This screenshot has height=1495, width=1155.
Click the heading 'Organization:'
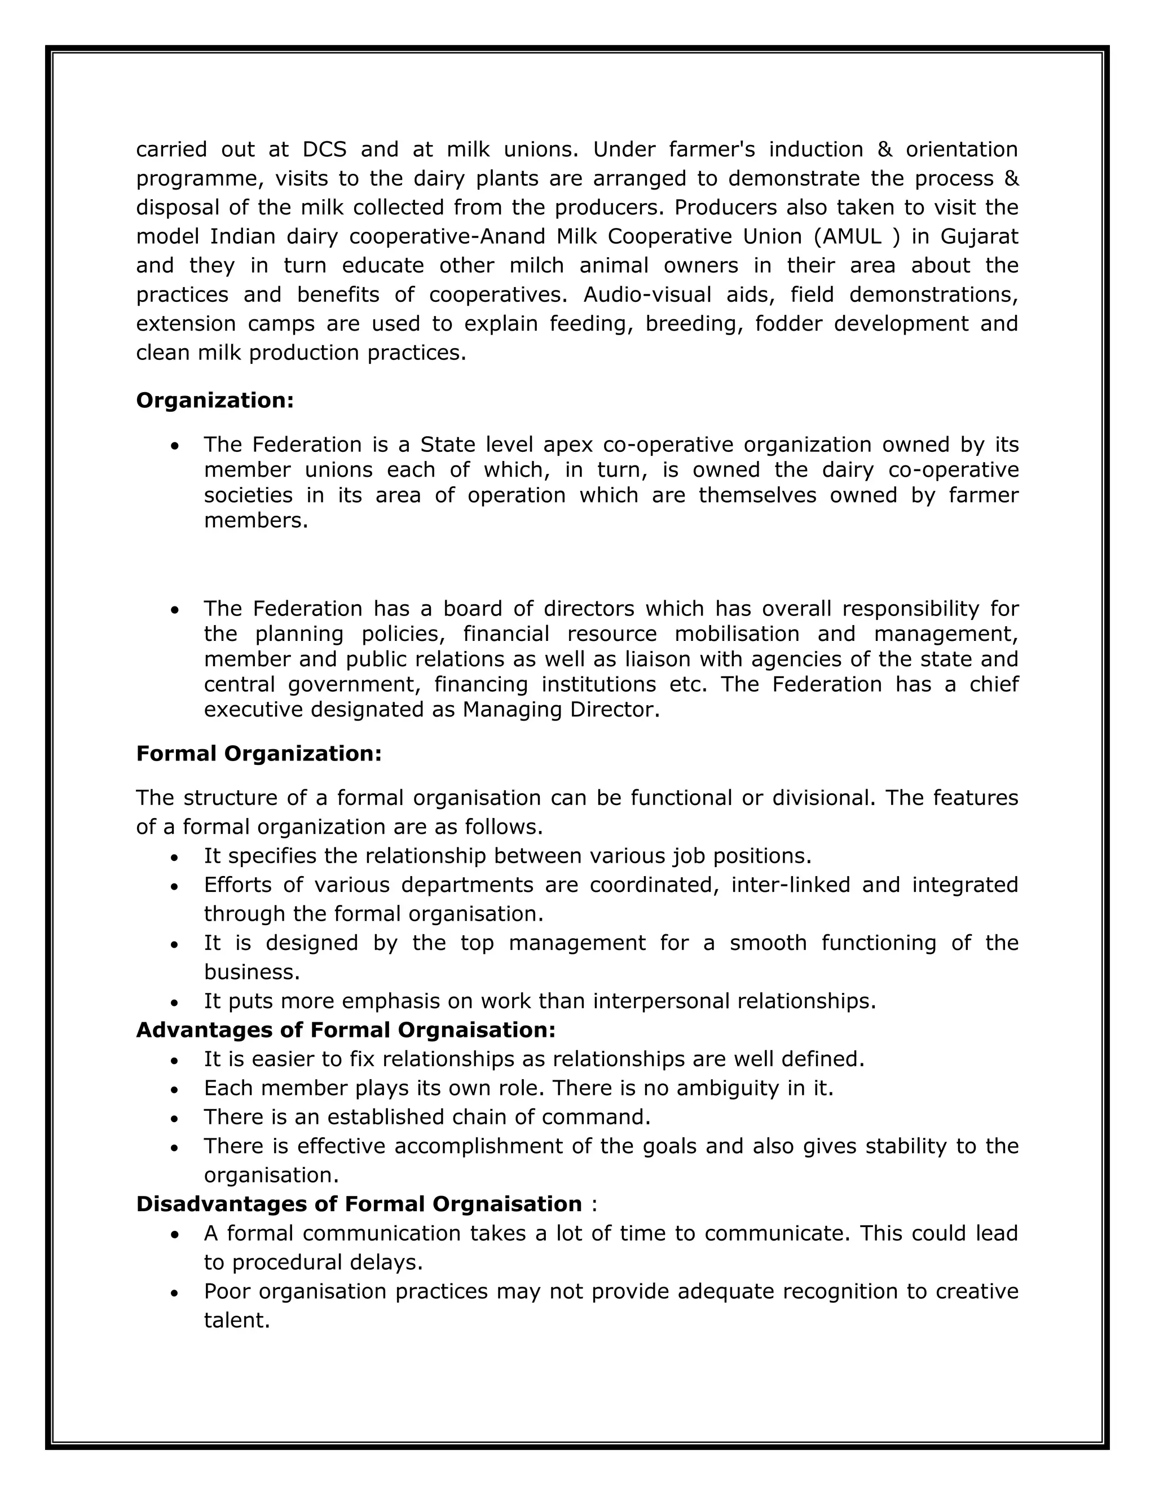pos(215,401)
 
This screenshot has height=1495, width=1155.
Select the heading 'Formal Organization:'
pos(259,754)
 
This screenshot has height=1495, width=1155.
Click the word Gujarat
pos(979,236)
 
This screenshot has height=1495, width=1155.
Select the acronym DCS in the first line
pos(324,149)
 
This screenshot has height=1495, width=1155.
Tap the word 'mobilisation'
pos(736,634)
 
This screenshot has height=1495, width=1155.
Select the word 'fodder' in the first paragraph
pos(787,323)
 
